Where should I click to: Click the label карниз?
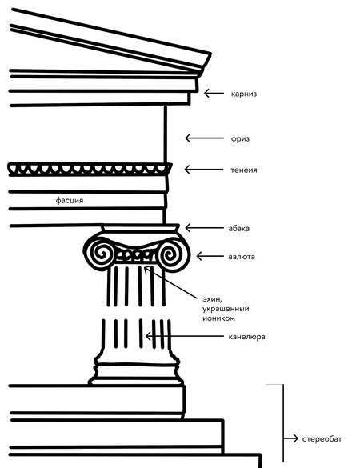pyautogui.click(x=243, y=94)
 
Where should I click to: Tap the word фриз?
pyautogui.click(x=240, y=138)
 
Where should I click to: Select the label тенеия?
pyautogui.click(x=243, y=170)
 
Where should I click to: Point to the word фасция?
pyautogui.click(x=70, y=200)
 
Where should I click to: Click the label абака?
pyautogui.click(x=239, y=228)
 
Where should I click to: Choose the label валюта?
pyautogui.click(x=242, y=257)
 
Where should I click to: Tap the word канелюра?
pyautogui.click(x=246, y=337)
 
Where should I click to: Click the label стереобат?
pyautogui.click(x=322, y=439)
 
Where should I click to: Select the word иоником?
pyautogui.click(x=218, y=318)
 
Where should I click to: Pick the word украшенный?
pyautogui.click(x=226, y=309)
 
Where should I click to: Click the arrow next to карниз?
pyautogui.click(x=214, y=94)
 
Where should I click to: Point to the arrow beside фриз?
pyautogui.click(x=204, y=138)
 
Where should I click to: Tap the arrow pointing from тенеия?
pyautogui.click(x=203, y=170)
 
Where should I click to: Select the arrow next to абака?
pyautogui.click(x=205, y=228)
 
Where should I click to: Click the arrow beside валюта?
pyautogui.click(x=210, y=256)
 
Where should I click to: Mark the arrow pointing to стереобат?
pyautogui.click(x=291, y=438)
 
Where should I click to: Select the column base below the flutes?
pyautogui.click(x=136, y=366)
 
